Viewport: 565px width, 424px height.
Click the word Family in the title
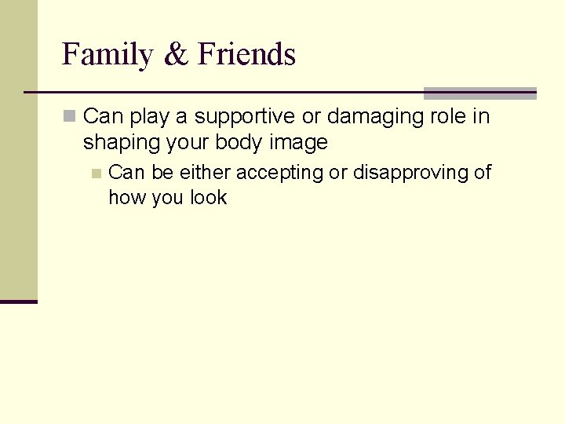tap(108, 55)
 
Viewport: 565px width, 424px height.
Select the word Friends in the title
tap(246, 55)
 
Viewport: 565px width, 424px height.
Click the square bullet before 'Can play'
tap(70, 117)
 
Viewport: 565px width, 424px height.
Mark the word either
tap(206, 173)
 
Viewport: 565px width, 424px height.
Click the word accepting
tap(280, 173)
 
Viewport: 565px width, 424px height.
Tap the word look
tap(209, 198)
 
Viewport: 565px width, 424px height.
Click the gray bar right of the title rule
tap(479, 93)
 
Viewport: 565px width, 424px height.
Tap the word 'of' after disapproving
tap(483, 173)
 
